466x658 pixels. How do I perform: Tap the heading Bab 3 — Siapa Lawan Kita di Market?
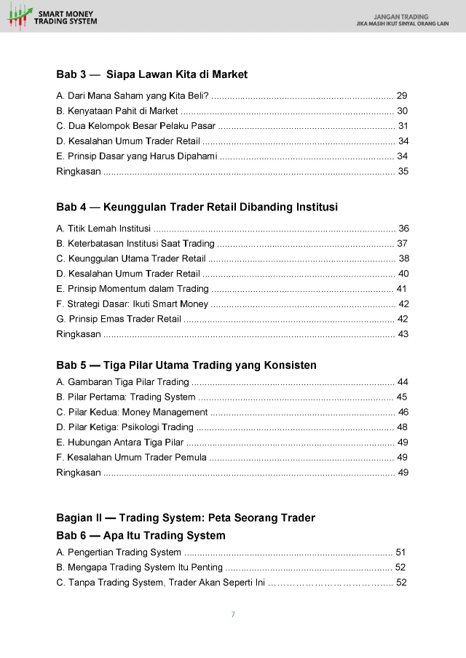point(151,74)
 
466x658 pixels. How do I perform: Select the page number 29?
point(402,95)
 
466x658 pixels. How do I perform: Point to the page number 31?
point(403,126)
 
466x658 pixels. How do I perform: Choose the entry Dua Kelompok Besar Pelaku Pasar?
point(131,126)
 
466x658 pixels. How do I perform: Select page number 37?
point(402,243)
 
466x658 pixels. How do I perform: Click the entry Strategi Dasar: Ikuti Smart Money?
point(132,304)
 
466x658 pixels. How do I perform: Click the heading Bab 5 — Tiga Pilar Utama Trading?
point(186,365)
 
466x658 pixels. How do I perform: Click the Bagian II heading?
point(185,518)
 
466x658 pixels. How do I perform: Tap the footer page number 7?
point(233,614)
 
